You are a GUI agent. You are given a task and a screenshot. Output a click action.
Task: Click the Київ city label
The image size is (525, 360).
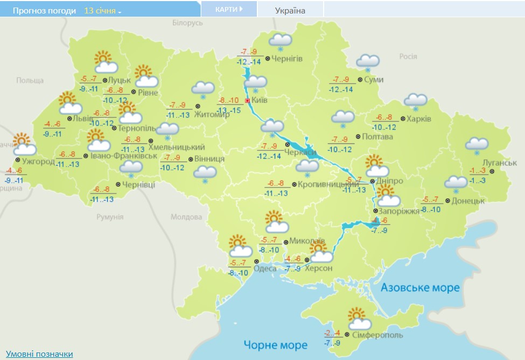260,100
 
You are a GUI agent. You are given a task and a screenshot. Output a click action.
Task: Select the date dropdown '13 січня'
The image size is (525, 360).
103,11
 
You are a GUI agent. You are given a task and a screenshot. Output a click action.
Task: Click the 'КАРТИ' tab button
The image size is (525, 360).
228,9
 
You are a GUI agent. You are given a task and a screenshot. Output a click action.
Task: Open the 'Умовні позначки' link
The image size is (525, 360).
39,354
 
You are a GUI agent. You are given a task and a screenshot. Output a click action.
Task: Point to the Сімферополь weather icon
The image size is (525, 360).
359,319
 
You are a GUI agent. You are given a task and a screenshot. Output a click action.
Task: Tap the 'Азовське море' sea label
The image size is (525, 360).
420,287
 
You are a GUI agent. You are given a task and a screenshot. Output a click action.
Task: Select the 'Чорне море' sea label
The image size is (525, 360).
275,344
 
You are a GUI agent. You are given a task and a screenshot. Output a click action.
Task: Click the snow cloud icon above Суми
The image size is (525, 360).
368,63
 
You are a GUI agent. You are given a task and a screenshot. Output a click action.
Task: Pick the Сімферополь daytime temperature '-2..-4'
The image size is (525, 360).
332,332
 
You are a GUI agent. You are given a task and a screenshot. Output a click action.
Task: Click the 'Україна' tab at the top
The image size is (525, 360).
290,10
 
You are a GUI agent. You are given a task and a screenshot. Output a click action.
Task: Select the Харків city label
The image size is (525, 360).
419,119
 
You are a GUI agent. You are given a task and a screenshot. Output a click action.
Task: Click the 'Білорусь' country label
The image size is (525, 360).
187,23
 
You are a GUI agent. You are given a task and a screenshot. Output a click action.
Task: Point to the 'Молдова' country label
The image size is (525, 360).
185,217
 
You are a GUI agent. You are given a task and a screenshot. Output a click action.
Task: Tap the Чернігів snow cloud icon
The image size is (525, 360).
280,41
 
